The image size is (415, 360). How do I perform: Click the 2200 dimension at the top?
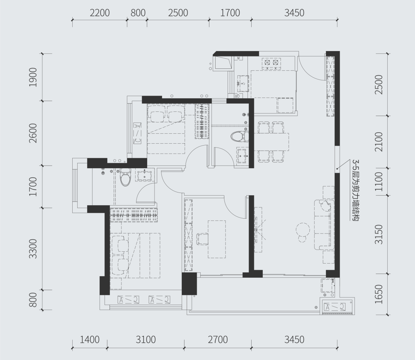click(x=100, y=13)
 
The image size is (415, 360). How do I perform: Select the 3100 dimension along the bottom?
click(x=146, y=340)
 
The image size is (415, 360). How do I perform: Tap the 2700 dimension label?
click(x=218, y=340)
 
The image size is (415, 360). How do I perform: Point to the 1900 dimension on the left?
click(x=33, y=77)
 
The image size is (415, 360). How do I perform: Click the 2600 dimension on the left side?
click(x=33, y=133)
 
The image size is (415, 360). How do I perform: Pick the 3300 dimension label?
click(x=33, y=249)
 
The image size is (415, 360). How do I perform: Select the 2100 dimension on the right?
click(x=379, y=142)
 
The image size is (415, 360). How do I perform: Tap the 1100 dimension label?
click(x=379, y=182)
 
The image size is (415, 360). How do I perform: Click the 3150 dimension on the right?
click(x=379, y=234)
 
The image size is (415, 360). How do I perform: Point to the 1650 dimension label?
click(x=379, y=294)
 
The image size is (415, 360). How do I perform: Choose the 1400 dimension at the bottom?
click(x=90, y=340)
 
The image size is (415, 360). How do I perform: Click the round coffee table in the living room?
click(x=302, y=230)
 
